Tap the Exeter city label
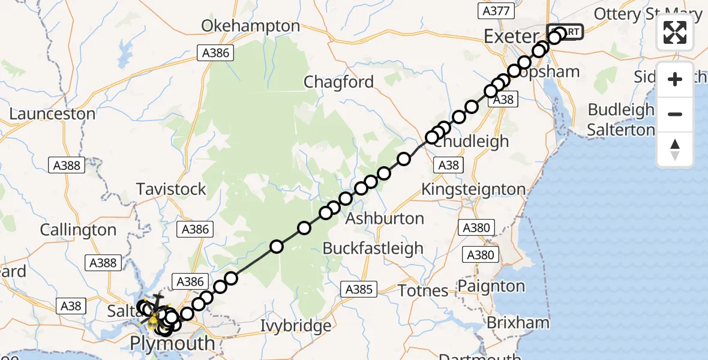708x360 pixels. pos(512,37)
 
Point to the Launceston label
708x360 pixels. pos(52,114)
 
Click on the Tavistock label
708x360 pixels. pos(171,190)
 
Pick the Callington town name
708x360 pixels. pos(78,230)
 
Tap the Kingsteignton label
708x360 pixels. pos(473,190)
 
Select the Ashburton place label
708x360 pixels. pos(385,218)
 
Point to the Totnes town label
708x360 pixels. pos(424,292)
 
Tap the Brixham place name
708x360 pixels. pos(509,323)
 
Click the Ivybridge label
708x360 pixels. pos(296,326)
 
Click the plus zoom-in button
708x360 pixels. pos(675,79)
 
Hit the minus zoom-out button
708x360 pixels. pos(675,114)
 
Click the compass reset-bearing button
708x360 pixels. pos(675,149)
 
